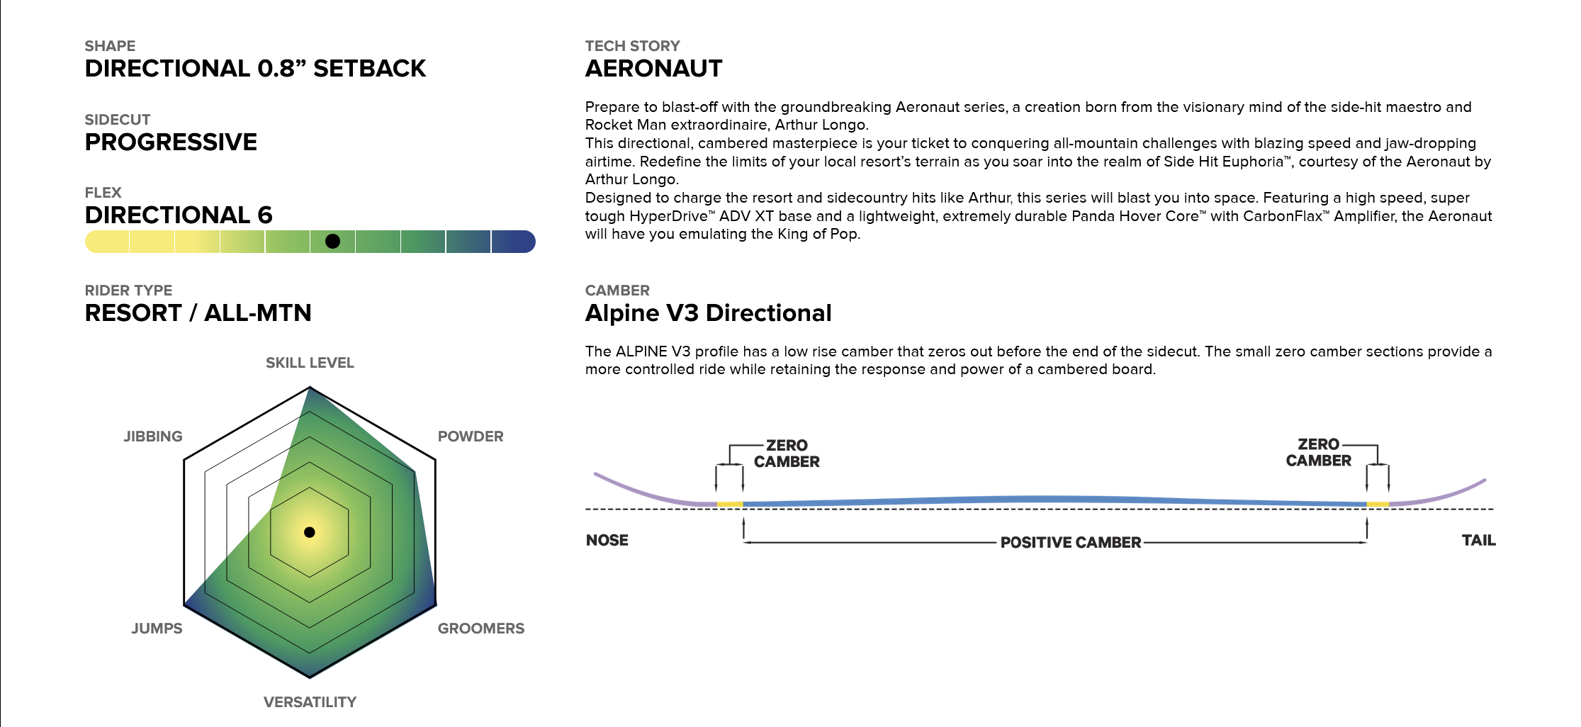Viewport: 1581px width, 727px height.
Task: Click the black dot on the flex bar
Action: click(x=332, y=242)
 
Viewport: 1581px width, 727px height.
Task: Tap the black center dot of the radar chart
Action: click(x=310, y=532)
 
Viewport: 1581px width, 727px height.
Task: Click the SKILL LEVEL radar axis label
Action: click(x=310, y=363)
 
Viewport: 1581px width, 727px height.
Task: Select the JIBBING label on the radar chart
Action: click(x=153, y=436)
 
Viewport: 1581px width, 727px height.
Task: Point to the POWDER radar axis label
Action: click(x=471, y=436)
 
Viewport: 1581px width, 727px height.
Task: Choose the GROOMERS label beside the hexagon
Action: click(x=481, y=629)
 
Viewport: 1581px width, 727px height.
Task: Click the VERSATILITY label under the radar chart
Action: click(x=310, y=702)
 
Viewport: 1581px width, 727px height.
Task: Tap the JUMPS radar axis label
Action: click(x=157, y=629)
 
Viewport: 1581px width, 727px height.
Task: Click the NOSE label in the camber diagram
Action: click(x=607, y=540)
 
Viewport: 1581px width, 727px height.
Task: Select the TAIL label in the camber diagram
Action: click(x=1479, y=540)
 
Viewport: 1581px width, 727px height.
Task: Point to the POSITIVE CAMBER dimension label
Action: click(x=1071, y=543)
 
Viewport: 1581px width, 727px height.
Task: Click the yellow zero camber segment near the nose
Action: click(x=730, y=505)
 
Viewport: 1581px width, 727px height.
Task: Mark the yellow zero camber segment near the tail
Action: click(x=1378, y=505)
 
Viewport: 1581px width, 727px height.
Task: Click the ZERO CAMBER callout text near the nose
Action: click(x=787, y=453)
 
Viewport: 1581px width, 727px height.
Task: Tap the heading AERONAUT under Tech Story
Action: click(x=653, y=69)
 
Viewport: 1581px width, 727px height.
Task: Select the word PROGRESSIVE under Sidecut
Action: click(x=171, y=142)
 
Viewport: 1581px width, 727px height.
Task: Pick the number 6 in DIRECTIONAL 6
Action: click(x=265, y=215)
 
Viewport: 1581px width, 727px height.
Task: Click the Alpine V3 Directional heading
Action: click(x=709, y=313)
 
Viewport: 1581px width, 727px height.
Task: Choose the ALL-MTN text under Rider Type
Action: click(x=258, y=313)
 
